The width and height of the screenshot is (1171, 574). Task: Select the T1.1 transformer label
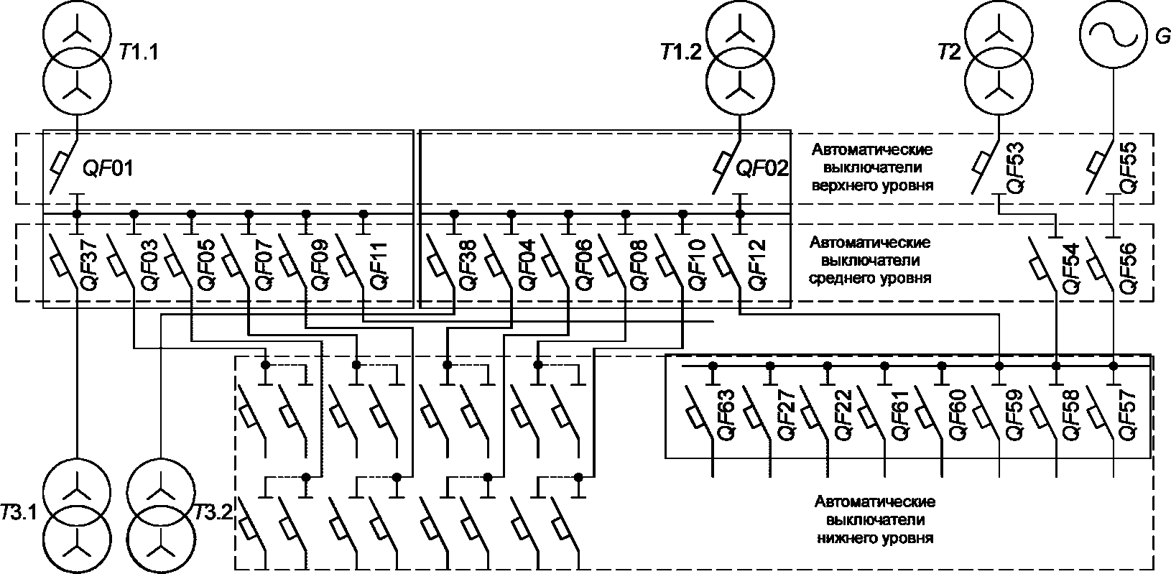pos(139,52)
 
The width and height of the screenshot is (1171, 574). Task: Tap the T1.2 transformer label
pos(681,52)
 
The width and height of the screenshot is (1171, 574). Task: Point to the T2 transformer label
pos(949,52)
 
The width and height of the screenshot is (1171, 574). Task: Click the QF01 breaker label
pos(108,168)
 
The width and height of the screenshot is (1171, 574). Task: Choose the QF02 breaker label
pos(762,168)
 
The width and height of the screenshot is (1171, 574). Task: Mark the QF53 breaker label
pos(1014,168)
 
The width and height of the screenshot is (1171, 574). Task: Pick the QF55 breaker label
pos(1128,168)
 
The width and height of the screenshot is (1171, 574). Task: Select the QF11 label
pos(379,265)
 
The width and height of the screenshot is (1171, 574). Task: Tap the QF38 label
pos(468,265)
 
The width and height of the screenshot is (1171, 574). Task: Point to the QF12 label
pos(757,265)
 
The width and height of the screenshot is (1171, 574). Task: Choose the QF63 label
pos(726,415)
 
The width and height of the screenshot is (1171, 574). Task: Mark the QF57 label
pos(1128,415)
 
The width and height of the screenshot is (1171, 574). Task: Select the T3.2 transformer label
pos(213,513)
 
